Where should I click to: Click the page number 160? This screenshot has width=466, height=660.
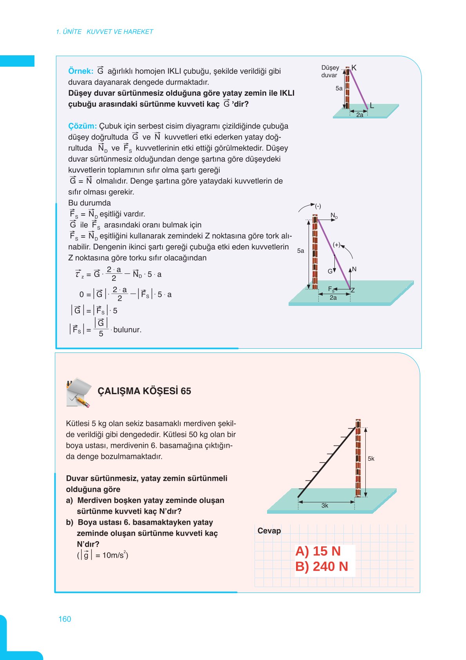click(x=65, y=619)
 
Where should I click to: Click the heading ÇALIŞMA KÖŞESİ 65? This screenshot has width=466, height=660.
click(x=144, y=391)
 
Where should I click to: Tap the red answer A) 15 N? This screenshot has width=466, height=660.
click(x=318, y=551)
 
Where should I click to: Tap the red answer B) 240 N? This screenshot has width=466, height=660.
click(x=322, y=567)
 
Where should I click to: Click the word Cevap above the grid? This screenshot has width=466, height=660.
click(x=269, y=531)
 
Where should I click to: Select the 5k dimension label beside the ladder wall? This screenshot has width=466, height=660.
click(x=371, y=458)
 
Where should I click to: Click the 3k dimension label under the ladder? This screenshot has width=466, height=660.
click(x=325, y=506)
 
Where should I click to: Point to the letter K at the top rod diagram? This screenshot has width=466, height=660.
click(x=354, y=68)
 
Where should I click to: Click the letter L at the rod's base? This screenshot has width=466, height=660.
click(x=372, y=105)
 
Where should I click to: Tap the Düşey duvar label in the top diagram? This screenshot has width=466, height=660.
click(x=330, y=71)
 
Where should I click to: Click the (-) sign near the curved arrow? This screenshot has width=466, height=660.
click(x=318, y=206)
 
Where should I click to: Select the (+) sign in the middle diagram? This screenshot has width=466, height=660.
click(x=336, y=245)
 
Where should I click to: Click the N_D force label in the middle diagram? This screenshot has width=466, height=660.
click(x=334, y=216)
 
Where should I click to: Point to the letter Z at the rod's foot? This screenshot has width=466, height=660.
click(x=353, y=290)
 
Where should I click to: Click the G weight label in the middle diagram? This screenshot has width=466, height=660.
click(x=330, y=271)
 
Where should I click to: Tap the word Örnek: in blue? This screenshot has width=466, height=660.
click(x=81, y=71)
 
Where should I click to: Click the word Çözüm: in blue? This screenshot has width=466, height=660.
click(x=82, y=126)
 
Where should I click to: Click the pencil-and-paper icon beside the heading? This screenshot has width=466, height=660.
click(x=79, y=392)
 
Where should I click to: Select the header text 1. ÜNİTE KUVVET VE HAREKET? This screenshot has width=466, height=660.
click(x=105, y=32)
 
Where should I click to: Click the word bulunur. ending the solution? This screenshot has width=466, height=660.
click(x=127, y=330)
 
